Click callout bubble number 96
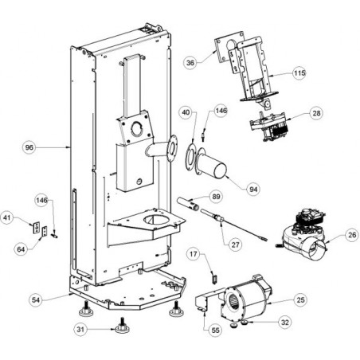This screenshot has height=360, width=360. (29, 147)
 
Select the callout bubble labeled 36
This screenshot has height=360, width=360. (190, 63)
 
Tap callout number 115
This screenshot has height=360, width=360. (299, 72)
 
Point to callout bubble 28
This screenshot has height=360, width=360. (316, 113)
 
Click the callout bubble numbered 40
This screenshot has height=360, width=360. (186, 112)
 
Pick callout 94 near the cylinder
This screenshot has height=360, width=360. (253, 189)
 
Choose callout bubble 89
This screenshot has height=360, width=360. (216, 197)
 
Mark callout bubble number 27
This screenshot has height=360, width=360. (235, 245)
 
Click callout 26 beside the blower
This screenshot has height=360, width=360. (352, 235)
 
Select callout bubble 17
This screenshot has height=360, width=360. (194, 254)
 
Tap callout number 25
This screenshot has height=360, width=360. (300, 300)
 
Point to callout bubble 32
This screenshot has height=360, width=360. (285, 323)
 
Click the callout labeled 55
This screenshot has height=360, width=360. (215, 330)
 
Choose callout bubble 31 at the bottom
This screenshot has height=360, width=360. (80, 330)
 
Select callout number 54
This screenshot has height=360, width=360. (36, 300)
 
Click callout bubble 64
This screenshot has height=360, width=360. (21, 249)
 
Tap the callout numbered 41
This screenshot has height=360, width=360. (7, 218)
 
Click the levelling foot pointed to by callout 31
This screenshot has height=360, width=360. (122, 326)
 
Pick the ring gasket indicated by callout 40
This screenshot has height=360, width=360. (190, 158)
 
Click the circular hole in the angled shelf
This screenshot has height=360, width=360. (156, 221)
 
